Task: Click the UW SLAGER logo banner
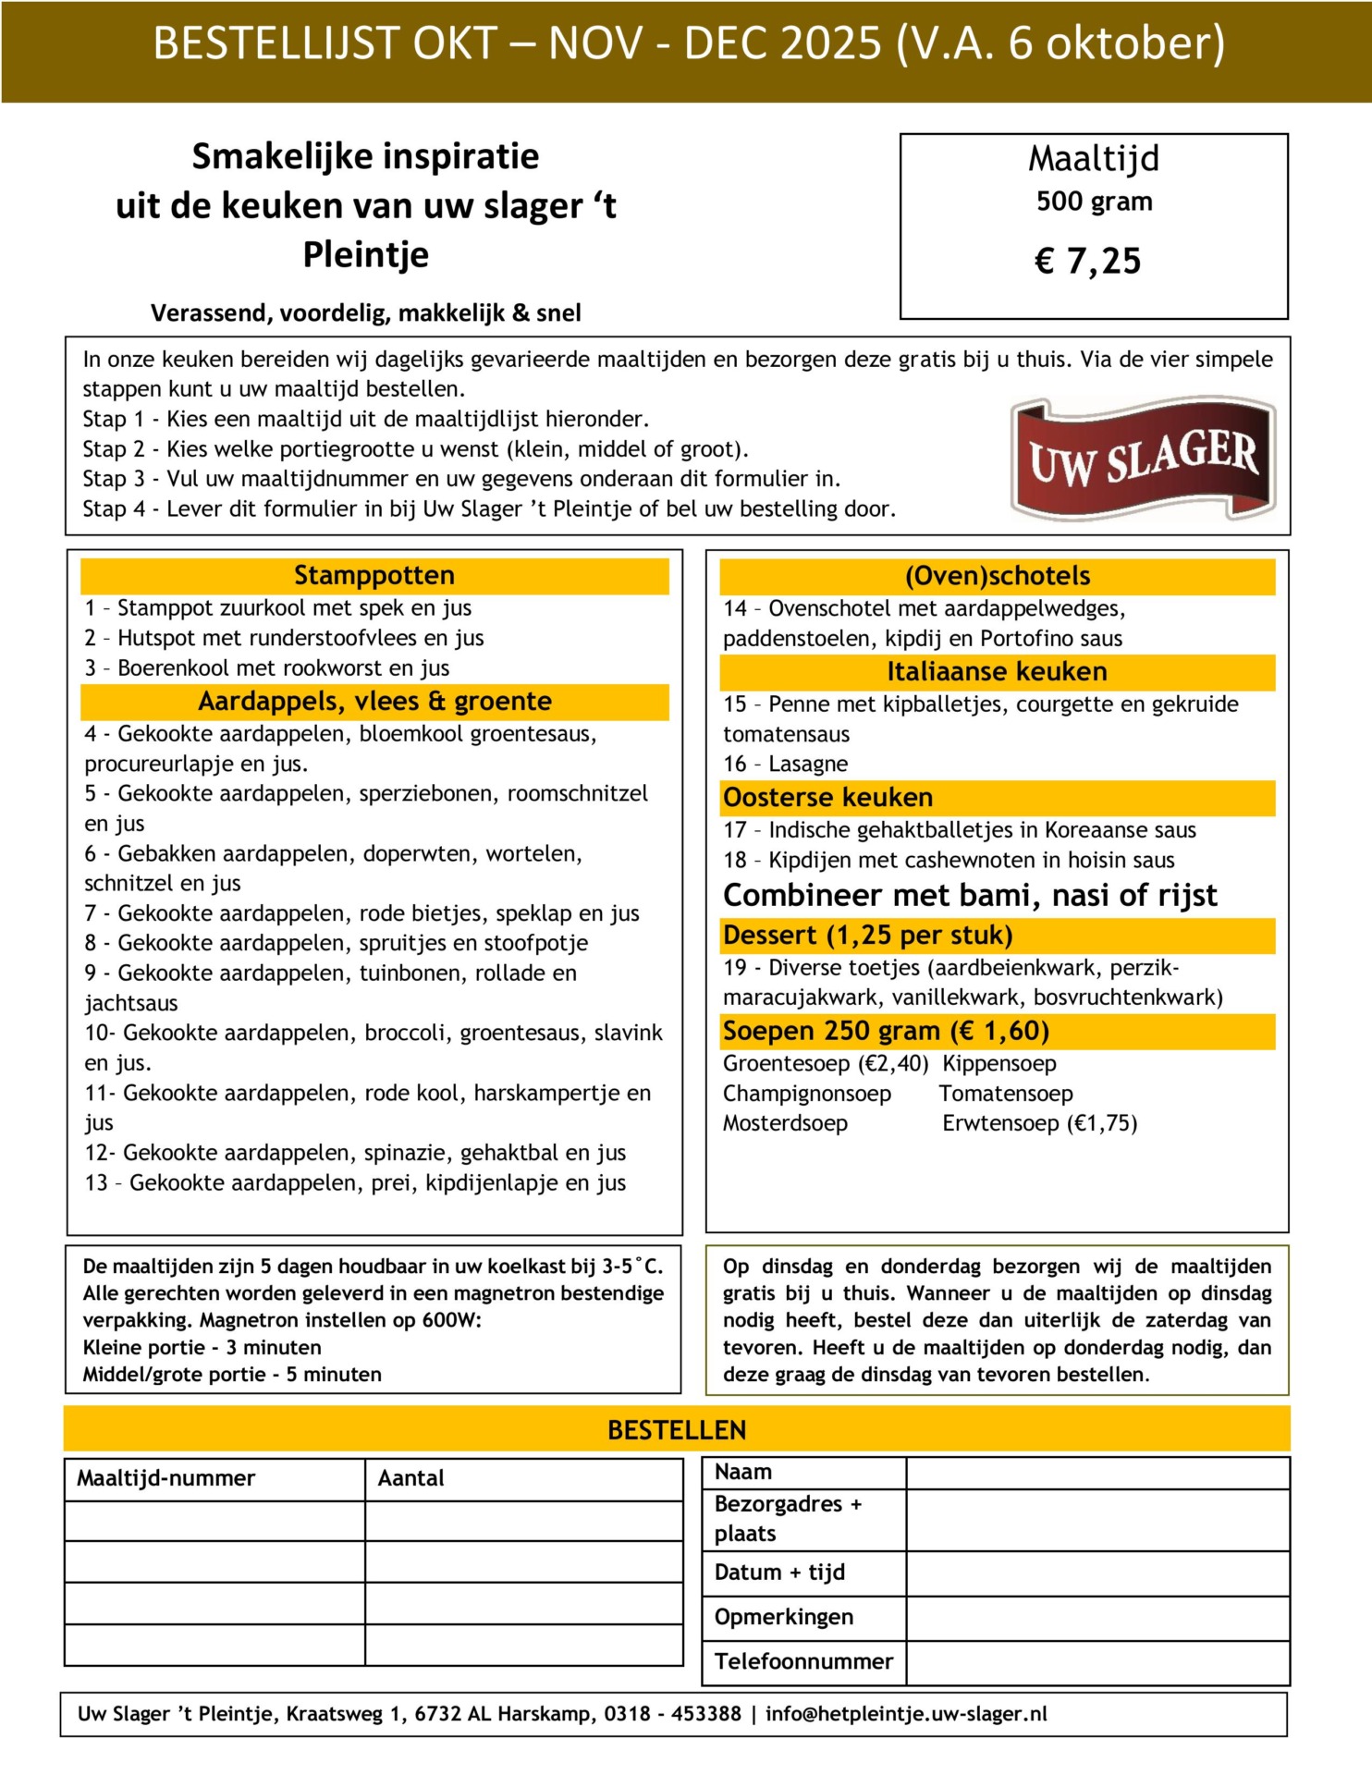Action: click(x=1143, y=459)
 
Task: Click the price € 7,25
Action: click(x=1087, y=262)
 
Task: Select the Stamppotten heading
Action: click(x=374, y=576)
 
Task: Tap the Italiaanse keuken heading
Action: click(x=997, y=672)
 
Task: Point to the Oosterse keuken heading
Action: click(x=827, y=798)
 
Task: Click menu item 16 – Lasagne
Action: click(x=785, y=765)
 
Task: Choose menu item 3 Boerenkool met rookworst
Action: click(x=266, y=668)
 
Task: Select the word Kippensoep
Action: click(x=998, y=1064)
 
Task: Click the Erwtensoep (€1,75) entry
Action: click(x=1039, y=1124)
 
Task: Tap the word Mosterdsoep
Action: click(x=785, y=1124)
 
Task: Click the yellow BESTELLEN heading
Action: click(x=677, y=1430)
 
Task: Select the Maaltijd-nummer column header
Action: click(x=165, y=1478)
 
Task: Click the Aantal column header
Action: click(x=410, y=1478)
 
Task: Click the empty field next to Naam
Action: click(x=1096, y=1473)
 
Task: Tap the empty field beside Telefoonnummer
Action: click(x=1096, y=1663)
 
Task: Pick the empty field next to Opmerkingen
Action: click(x=1096, y=1618)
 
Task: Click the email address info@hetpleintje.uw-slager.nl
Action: click(x=906, y=1714)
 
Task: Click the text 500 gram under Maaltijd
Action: click(x=1094, y=202)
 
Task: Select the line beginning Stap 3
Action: click(x=461, y=479)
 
